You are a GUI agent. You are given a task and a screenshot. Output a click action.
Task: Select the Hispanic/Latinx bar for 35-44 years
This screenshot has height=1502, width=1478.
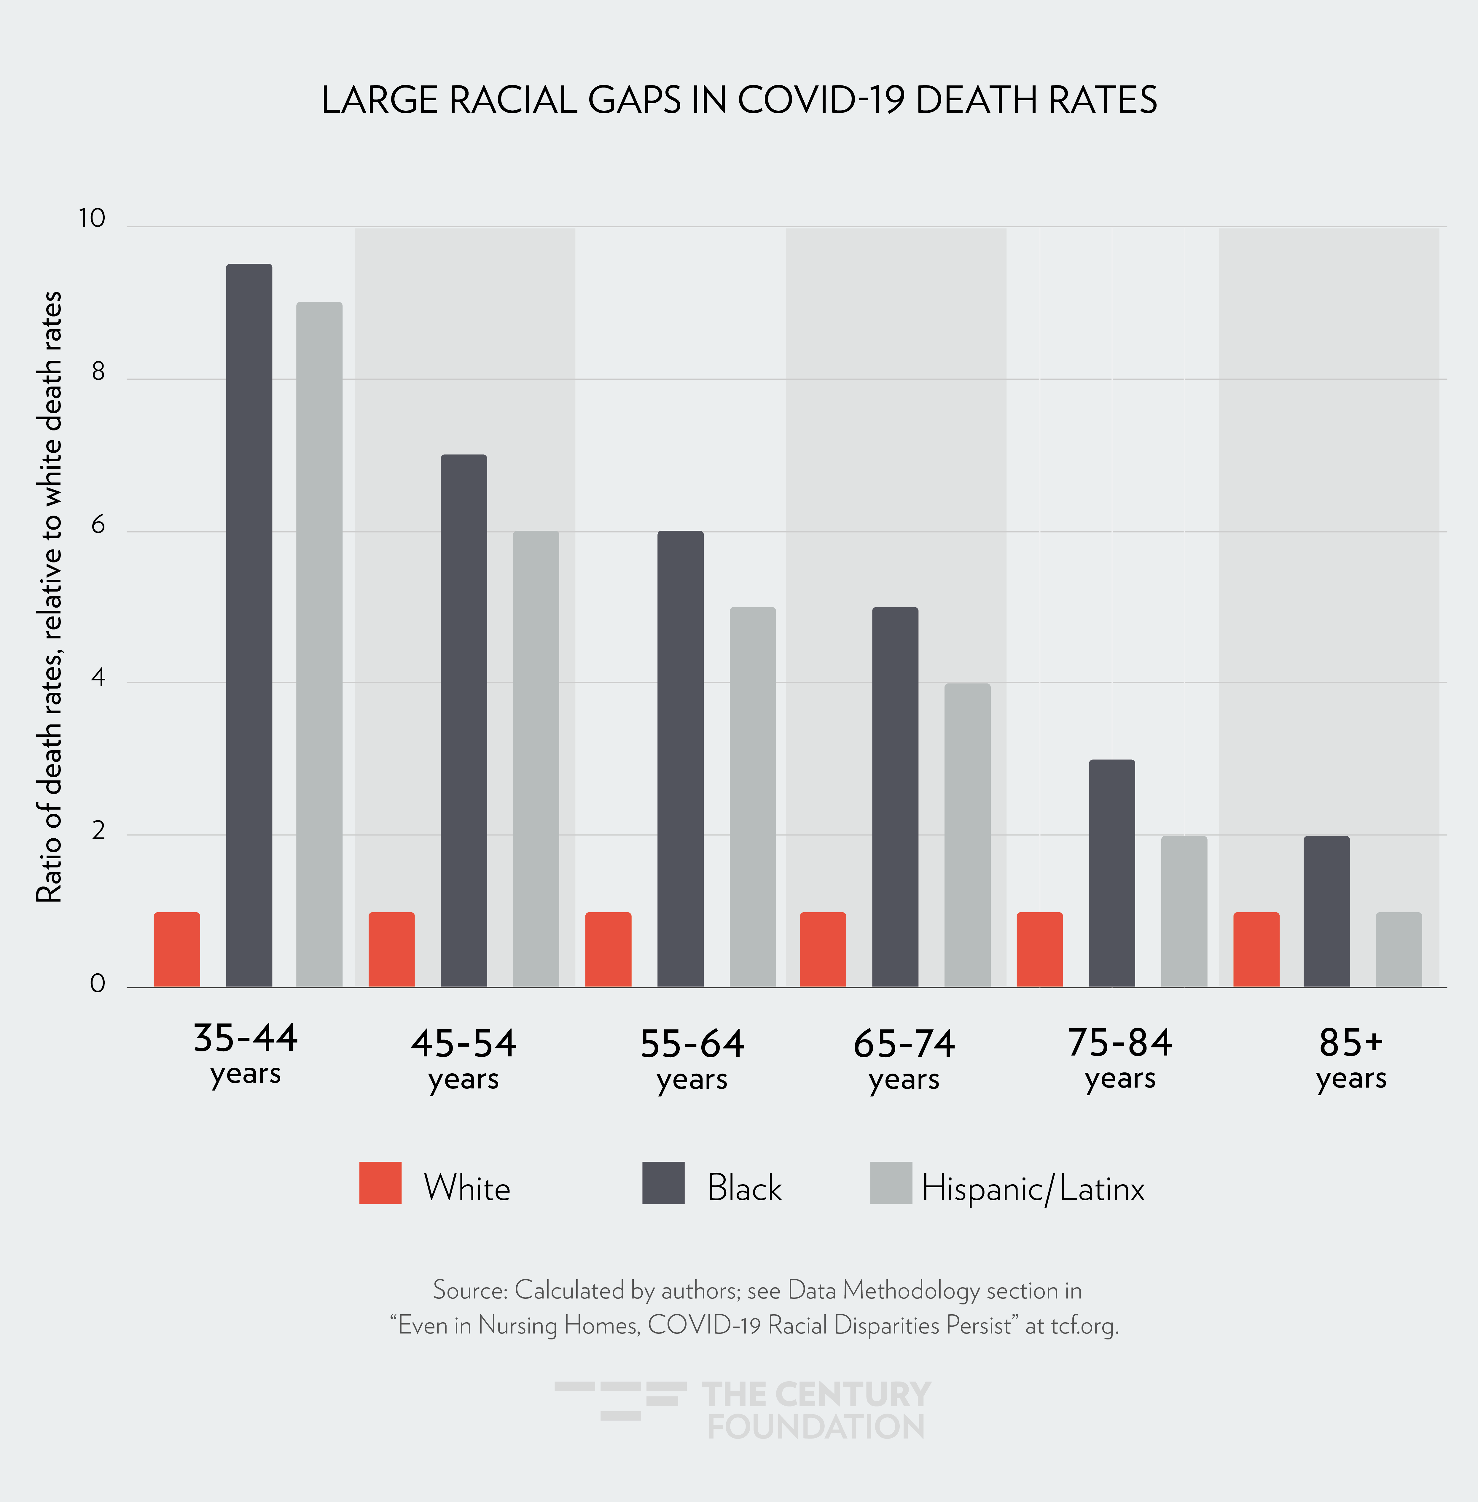319,645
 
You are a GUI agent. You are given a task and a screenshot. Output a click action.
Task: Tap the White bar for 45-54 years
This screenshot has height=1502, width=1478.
391,949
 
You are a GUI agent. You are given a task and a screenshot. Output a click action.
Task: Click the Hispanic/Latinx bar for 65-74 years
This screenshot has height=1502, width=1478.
967,835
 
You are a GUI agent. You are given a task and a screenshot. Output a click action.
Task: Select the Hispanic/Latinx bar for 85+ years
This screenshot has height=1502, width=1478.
1399,949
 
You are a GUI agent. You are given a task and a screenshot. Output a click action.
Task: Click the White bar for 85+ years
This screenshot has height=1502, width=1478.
1256,949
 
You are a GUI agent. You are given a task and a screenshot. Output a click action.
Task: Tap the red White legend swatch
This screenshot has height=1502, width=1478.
380,1183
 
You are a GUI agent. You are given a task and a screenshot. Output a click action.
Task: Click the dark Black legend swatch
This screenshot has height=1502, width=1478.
664,1183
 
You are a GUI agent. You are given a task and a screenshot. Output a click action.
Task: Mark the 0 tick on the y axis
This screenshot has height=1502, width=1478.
98,984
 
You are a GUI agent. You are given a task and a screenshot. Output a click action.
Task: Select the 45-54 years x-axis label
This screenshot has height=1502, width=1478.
464,1058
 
